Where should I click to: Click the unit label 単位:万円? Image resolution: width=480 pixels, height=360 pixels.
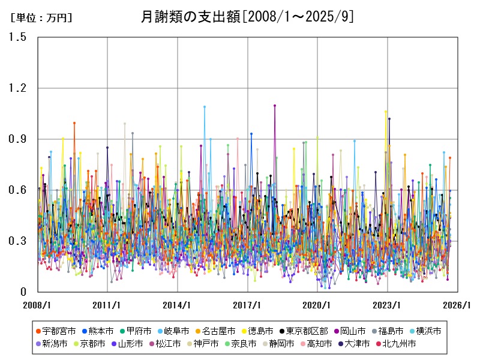[x=41, y=18]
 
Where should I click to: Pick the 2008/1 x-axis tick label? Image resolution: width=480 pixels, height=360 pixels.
[x=38, y=305]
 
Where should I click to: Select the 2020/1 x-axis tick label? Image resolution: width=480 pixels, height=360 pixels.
[x=318, y=305]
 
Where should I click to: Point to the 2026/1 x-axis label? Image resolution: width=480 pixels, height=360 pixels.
[x=458, y=305]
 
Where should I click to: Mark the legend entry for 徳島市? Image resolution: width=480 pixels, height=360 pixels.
[x=259, y=331]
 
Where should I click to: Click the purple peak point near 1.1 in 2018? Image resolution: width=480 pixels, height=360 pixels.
[x=275, y=106]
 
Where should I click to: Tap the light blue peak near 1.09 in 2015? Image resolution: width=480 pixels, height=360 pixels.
[x=205, y=107]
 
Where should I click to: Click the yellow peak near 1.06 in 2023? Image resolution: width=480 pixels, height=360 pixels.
[x=386, y=112]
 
